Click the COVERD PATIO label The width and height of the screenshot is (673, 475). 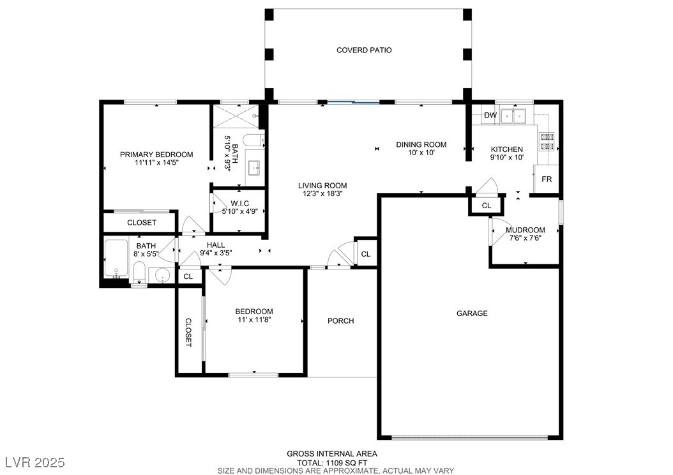click(x=364, y=50)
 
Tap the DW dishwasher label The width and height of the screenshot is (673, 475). click(x=490, y=115)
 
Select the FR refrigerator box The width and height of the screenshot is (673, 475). click(x=547, y=179)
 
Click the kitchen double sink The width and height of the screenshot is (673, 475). click(x=513, y=116)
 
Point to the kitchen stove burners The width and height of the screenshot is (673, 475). click(x=547, y=142)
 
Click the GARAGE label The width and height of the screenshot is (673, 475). click(x=472, y=313)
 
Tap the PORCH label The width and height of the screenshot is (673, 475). click(x=341, y=321)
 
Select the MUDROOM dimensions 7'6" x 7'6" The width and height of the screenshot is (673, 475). click(x=526, y=237)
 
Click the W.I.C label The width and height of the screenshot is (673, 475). click(x=239, y=204)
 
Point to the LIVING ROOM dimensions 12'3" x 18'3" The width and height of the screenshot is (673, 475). click(x=322, y=193)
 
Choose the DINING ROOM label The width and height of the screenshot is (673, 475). click(x=421, y=144)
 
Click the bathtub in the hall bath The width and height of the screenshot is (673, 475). click(x=116, y=259)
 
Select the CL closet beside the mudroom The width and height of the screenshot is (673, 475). click(x=487, y=206)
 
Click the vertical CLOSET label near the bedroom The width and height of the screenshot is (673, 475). click(x=188, y=333)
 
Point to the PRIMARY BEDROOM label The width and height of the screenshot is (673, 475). click(x=156, y=155)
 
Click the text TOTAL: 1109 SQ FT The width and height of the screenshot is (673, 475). click(x=332, y=463)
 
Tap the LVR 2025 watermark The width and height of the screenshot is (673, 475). click(x=35, y=462)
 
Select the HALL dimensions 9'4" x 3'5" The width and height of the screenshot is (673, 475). click(x=216, y=253)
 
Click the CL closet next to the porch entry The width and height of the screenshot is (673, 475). click(x=366, y=255)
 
